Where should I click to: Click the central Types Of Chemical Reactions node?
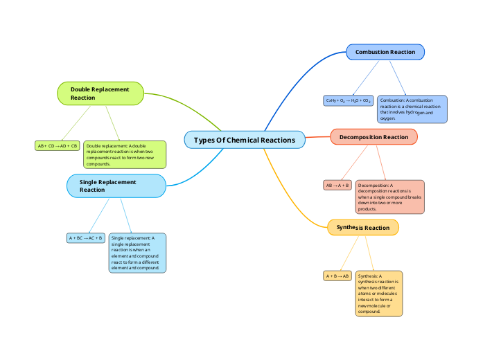coord(245,140)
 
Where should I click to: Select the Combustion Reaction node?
coord(385,52)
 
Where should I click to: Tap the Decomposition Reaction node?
coord(374,137)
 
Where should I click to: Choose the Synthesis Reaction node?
coord(362,228)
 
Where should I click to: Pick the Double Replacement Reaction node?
coord(100,93)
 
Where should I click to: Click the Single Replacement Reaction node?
coord(116,186)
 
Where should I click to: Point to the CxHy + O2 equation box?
coord(349,100)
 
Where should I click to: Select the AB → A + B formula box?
coord(337,186)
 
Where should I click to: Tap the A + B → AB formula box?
coord(337,276)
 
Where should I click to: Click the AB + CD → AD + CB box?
coord(58,146)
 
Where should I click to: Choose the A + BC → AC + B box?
coord(85,238)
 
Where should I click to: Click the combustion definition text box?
coord(412,109)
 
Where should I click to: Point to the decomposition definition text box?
coord(389,197)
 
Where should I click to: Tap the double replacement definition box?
coord(125,154)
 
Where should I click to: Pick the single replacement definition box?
coord(137,253)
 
